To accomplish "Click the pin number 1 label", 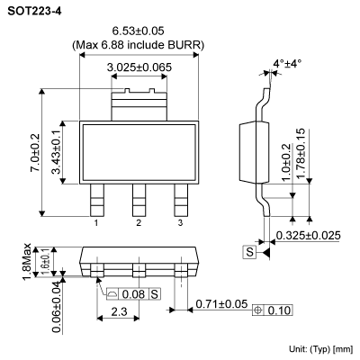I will tap(95, 222).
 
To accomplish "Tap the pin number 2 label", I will tap(139, 222).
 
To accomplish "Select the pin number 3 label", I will tap(180, 222).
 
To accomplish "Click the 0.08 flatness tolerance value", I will tap(134, 293).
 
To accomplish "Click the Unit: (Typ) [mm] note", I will tap(318, 347).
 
